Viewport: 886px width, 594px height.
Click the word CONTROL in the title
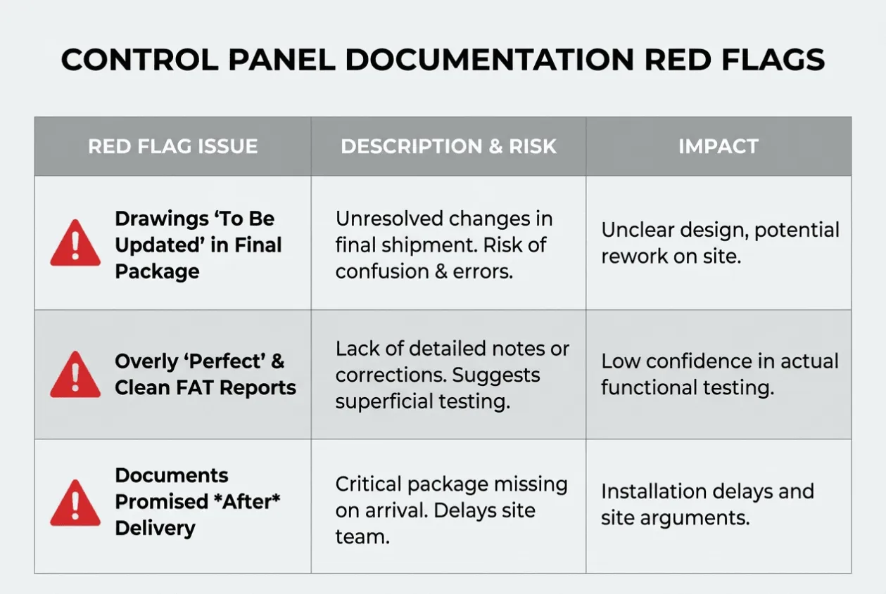tap(139, 60)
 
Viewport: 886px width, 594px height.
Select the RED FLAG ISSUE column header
tap(173, 146)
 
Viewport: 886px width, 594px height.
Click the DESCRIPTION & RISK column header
tap(448, 146)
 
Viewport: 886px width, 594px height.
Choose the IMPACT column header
tap(719, 146)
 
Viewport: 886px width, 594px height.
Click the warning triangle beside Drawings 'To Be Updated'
tap(75, 243)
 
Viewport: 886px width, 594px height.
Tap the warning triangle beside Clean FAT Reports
tap(75, 374)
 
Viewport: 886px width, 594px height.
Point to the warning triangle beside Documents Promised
tap(75, 503)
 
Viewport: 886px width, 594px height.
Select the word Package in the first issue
tap(157, 272)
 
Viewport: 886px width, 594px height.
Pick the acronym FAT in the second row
tap(195, 388)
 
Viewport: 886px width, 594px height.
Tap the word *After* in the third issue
tap(247, 501)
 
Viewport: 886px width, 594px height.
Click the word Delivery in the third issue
tap(155, 529)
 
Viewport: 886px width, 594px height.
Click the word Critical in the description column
tap(369, 484)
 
